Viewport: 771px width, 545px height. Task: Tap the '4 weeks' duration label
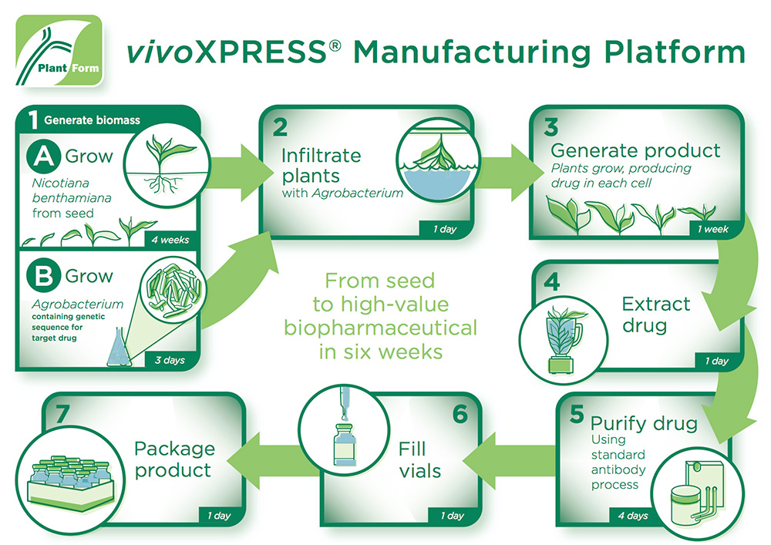pyautogui.click(x=170, y=240)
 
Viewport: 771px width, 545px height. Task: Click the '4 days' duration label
pyautogui.click(x=632, y=515)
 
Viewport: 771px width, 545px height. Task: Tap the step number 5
pyautogui.click(x=576, y=415)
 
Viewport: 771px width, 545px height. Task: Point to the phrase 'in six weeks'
pyautogui.click(x=379, y=352)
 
